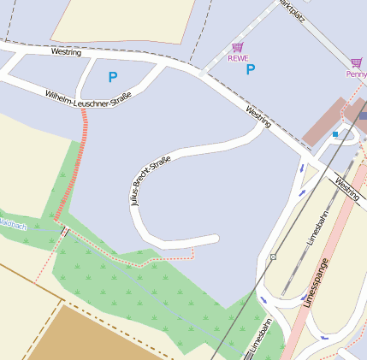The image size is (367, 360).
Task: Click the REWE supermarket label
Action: click(x=237, y=58)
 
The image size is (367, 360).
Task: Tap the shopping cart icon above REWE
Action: click(x=237, y=47)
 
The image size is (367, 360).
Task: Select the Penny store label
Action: click(x=356, y=74)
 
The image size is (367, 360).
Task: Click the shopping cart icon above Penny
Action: click(x=355, y=62)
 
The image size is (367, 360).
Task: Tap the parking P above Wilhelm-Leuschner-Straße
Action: click(x=112, y=77)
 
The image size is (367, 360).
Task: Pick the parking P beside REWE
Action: click(x=251, y=69)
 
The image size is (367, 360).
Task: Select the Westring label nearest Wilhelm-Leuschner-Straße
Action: click(x=66, y=52)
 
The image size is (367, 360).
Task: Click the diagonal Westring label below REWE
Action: click(x=257, y=117)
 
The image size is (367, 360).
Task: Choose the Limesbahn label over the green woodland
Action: click(x=260, y=337)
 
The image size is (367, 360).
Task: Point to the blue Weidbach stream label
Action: click(x=13, y=225)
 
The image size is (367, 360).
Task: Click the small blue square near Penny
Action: click(x=335, y=134)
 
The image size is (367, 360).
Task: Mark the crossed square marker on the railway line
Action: click(x=273, y=257)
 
